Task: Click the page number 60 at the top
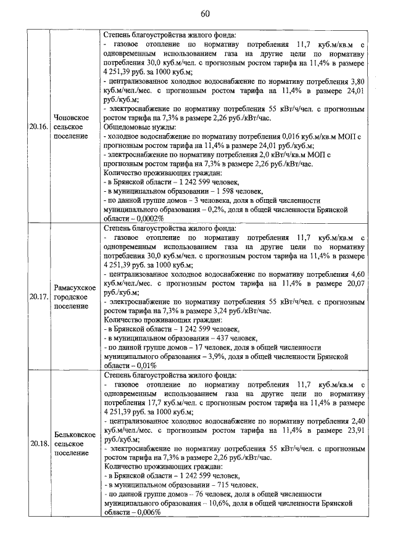pos(197,13)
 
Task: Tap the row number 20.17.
pos(39,296)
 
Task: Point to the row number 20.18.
pos(39,443)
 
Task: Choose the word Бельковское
pos(73,434)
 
